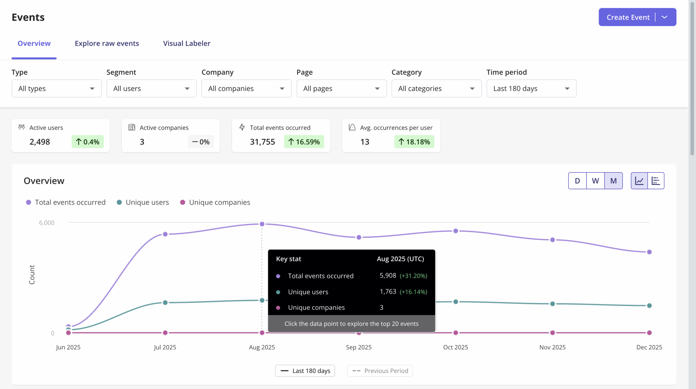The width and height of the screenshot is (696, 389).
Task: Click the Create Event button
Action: (x=628, y=17)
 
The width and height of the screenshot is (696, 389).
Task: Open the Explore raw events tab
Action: (x=107, y=43)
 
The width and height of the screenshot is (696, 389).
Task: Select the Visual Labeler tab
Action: (x=187, y=43)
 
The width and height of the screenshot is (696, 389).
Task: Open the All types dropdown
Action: (x=56, y=88)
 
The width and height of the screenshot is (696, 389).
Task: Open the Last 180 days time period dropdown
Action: (x=531, y=88)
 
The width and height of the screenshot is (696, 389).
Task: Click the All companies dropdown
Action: (x=246, y=88)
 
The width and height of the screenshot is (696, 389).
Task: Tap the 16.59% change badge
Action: (x=304, y=142)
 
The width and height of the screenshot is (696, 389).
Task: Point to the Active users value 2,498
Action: (x=40, y=142)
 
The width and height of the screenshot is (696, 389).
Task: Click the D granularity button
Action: (x=577, y=181)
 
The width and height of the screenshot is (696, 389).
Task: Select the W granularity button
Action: (x=595, y=181)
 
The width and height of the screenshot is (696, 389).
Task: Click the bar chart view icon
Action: (x=656, y=181)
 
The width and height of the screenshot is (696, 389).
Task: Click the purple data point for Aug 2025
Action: (x=262, y=224)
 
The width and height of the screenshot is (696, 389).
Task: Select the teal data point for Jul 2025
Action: (x=165, y=302)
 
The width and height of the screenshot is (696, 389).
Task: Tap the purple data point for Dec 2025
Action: (x=649, y=252)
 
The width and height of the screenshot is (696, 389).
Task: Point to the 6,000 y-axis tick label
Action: (x=47, y=223)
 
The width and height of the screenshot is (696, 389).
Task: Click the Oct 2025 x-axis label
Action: (x=455, y=347)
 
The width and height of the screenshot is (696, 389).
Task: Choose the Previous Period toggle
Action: (x=380, y=371)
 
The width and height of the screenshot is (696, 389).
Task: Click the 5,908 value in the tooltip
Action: (x=388, y=276)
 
